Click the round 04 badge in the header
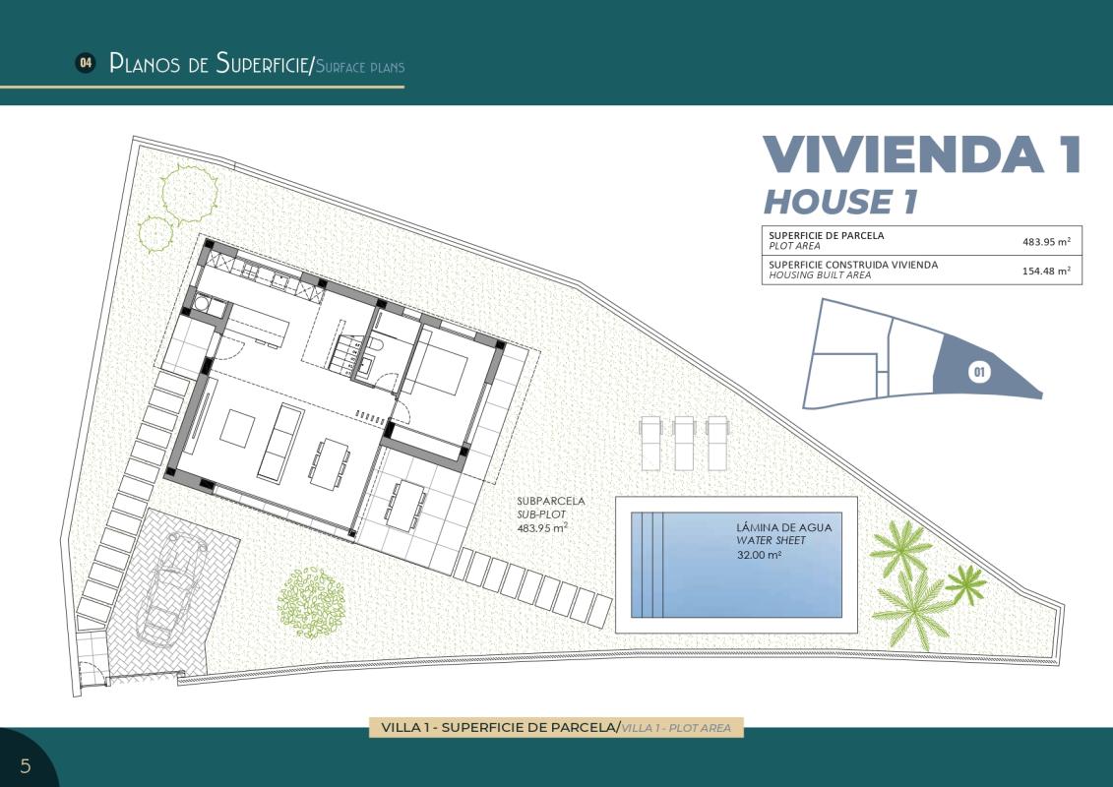pyautogui.click(x=86, y=63)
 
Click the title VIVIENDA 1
pyautogui.click(x=922, y=155)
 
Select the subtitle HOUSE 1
pyautogui.click(x=840, y=202)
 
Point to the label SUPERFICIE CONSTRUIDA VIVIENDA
pyautogui.click(x=853, y=265)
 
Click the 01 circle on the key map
pyautogui.click(x=979, y=372)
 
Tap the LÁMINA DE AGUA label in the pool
pyautogui.click(x=783, y=527)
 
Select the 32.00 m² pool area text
pyautogui.click(x=759, y=555)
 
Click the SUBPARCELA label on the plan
pyautogui.click(x=551, y=501)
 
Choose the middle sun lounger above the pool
pyautogui.click(x=686, y=441)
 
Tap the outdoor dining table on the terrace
pyautogui.click(x=404, y=505)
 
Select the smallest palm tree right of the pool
pyautogui.click(x=965, y=584)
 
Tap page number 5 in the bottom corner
pyautogui.click(x=26, y=765)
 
